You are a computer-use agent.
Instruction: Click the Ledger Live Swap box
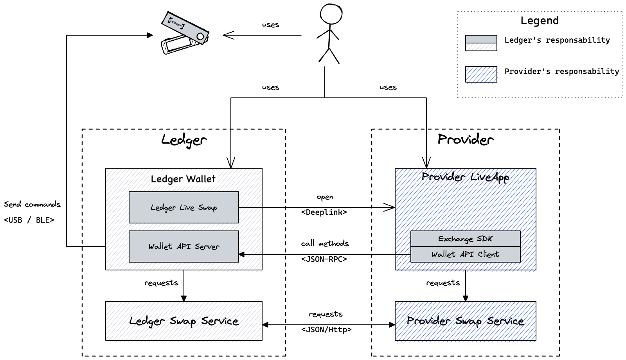pyautogui.click(x=184, y=207)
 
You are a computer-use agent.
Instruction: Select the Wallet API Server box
pyautogui.click(x=184, y=247)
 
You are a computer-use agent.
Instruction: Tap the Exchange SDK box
pyautogui.click(x=465, y=239)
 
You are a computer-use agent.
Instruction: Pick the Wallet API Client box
pyautogui.click(x=465, y=254)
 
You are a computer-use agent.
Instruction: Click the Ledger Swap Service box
pyautogui.click(x=184, y=321)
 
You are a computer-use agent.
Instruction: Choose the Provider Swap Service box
pyautogui.click(x=465, y=321)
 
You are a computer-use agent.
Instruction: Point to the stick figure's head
pyautogui.click(x=331, y=14)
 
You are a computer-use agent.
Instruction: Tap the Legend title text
pyautogui.click(x=540, y=21)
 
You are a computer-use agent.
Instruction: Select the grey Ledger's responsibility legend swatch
pyautogui.click(x=481, y=43)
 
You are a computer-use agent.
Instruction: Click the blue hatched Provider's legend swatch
pyautogui.click(x=481, y=74)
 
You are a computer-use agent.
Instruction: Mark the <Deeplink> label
pyautogui.click(x=324, y=212)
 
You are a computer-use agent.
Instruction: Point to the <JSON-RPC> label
pyautogui.click(x=324, y=259)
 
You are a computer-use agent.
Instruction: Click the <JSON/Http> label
pyautogui.click(x=326, y=330)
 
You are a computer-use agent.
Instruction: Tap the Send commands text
pyautogui.click(x=32, y=204)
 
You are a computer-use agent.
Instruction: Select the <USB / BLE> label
pyautogui.click(x=29, y=220)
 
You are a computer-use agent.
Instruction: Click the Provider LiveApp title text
pyautogui.click(x=465, y=177)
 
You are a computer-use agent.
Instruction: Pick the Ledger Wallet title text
pyautogui.click(x=183, y=179)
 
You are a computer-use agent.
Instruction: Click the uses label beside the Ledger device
pyautogui.click(x=270, y=25)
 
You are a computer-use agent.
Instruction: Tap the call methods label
pyautogui.click(x=325, y=243)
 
